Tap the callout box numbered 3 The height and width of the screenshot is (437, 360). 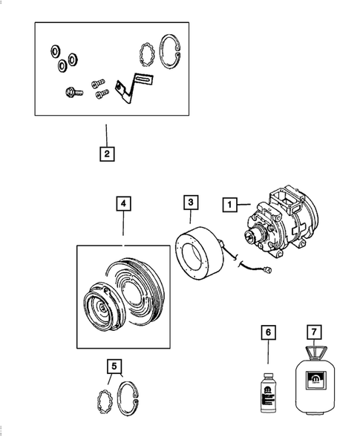pyautogui.click(x=191, y=202)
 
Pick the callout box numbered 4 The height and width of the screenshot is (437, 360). pyautogui.click(x=123, y=202)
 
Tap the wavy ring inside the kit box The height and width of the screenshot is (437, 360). pyautogui.click(x=147, y=54)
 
